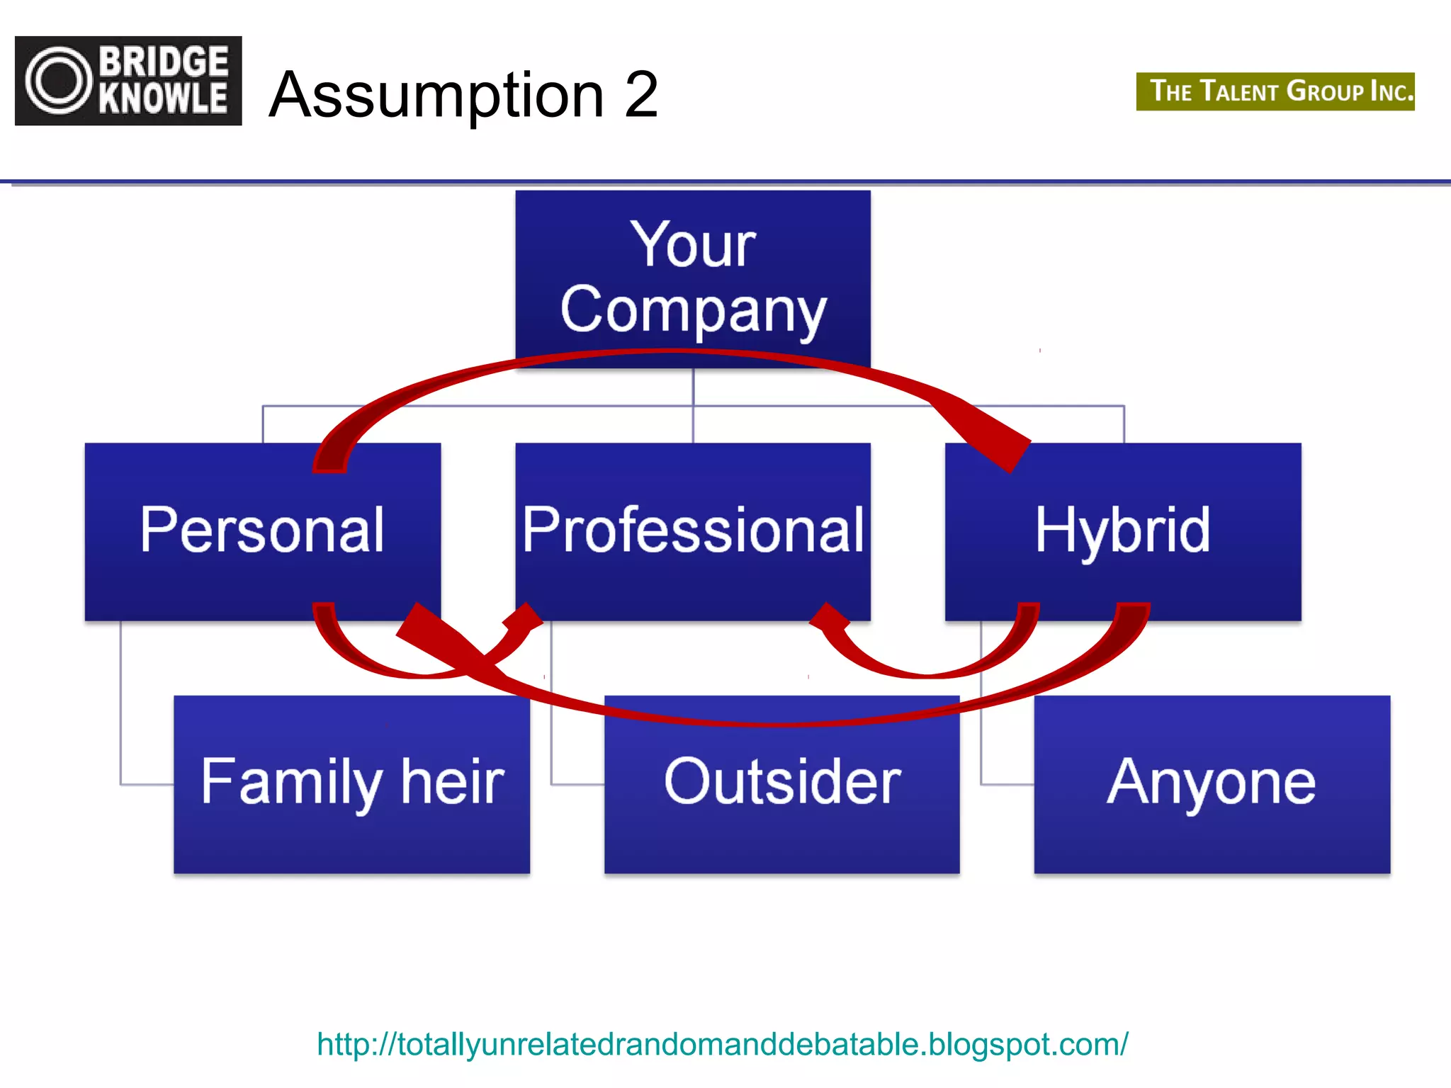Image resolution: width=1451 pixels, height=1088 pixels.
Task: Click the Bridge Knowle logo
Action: (128, 81)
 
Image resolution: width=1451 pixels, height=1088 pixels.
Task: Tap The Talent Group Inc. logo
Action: (1275, 91)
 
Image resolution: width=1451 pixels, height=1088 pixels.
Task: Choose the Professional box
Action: (693, 531)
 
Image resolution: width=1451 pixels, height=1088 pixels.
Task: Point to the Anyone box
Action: (1212, 785)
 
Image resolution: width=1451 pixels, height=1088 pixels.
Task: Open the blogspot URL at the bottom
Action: (723, 1044)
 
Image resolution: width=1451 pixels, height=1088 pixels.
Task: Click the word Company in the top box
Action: (693, 310)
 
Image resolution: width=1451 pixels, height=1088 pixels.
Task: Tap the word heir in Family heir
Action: (453, 782)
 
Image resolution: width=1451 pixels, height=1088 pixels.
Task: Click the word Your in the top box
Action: (693, 245)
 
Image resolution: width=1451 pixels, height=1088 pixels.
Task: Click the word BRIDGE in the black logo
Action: (164, 62)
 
